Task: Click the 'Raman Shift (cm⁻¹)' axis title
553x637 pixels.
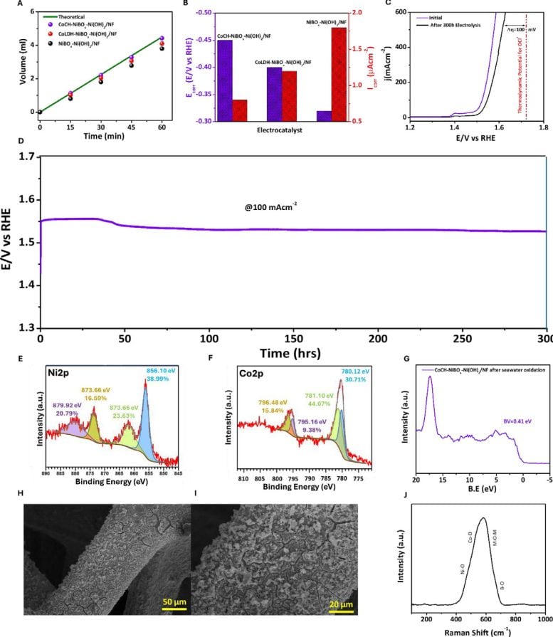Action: pyautogui.click(x=477, y=631)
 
